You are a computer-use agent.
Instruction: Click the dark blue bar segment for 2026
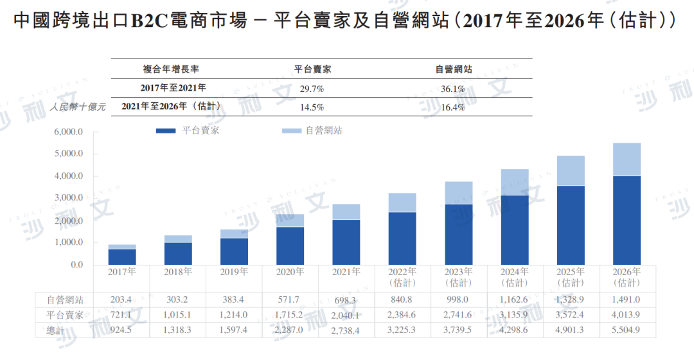pyautogui.click(x=627, y=220)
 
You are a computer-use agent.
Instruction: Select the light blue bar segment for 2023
pyautogui.click(x=458, y=193)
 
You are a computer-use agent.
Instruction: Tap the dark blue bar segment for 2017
pyautogui.click(x=121, y=256)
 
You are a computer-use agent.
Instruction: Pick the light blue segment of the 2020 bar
pyautogui.click(x=290, y=221)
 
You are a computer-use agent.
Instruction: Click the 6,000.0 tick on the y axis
pyautogui.click(x=69, y=132)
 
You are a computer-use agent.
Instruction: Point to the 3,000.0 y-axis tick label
pyautogui.click(x=69, y=199)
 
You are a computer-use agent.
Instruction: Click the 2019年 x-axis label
pyautogui.click(x=234, y=272)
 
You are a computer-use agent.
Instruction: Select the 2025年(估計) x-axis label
pyautogui.click(x=571, y=277)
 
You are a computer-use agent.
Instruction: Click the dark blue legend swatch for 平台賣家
pyautogui.click(x=166, y=130)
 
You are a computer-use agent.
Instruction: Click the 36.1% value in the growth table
pyautogui.click(x=454, y=89)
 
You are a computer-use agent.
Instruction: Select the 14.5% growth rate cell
pyautogui.click(x=312, y=107)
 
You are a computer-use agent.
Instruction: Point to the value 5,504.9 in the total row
pyautogui.click(x=627, y=330)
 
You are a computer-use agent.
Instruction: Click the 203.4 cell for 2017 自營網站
pyautogui.click(x=121, y=300)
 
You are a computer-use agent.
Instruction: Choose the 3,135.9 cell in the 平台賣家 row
pyautogui.click(x=515, y=315)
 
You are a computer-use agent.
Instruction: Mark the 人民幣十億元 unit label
pyautogui.click(x=78, y=107)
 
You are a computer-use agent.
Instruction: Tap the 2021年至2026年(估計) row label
pyautogui.click(x=172, y=107)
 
